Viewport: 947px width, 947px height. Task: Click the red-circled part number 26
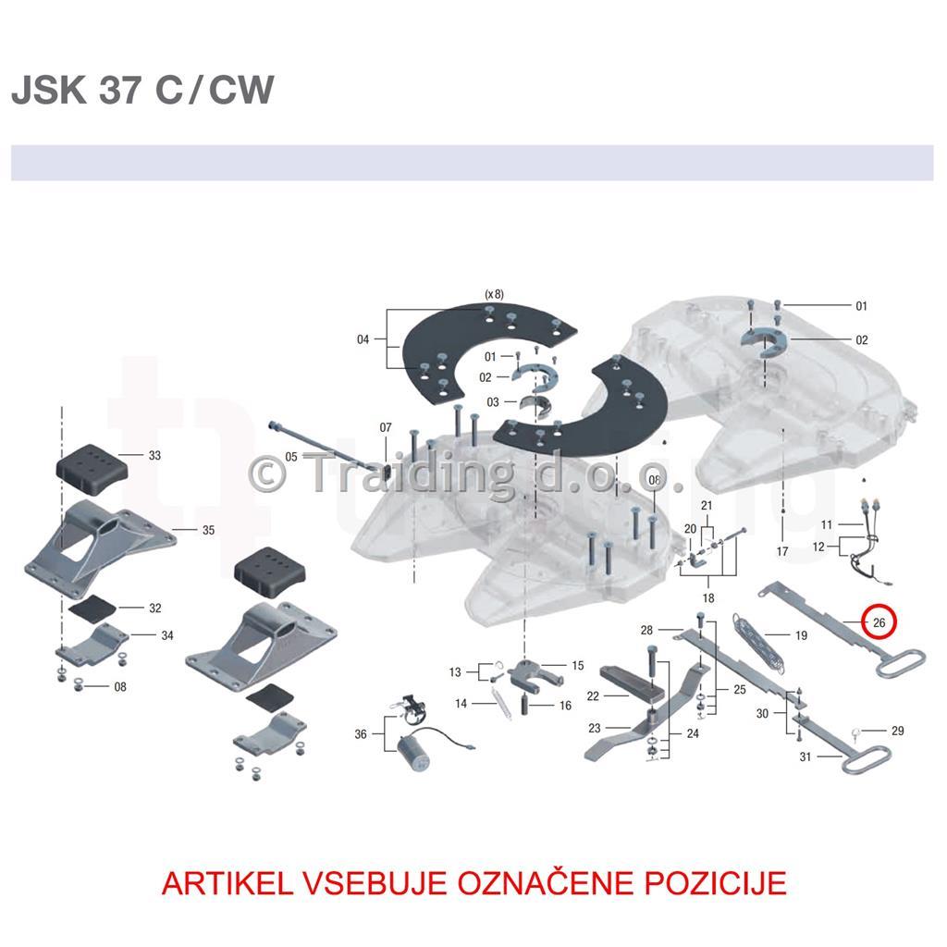pos(879,622)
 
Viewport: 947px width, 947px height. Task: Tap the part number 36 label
pos(361,733)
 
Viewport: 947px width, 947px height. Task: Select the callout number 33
pos(154,455)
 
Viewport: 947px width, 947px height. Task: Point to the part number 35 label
pos(208,530)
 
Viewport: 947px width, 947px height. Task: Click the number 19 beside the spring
pos(801,635)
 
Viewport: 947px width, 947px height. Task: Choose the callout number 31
pos(806,756)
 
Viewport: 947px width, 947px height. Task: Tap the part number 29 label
pos(897,731)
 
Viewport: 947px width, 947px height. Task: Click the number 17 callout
pos(782,551)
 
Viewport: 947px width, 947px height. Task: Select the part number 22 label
pos(593,696)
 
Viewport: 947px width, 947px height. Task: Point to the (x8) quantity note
pos(494,294)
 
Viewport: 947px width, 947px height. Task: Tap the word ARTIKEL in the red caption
pos(228,883)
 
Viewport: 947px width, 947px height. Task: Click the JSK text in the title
pos(49,90)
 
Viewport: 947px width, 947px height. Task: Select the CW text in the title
pos(241,90)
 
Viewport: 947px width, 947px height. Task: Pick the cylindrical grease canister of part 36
pos(414,754)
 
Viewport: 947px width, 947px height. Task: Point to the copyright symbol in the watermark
pos(267,474)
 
